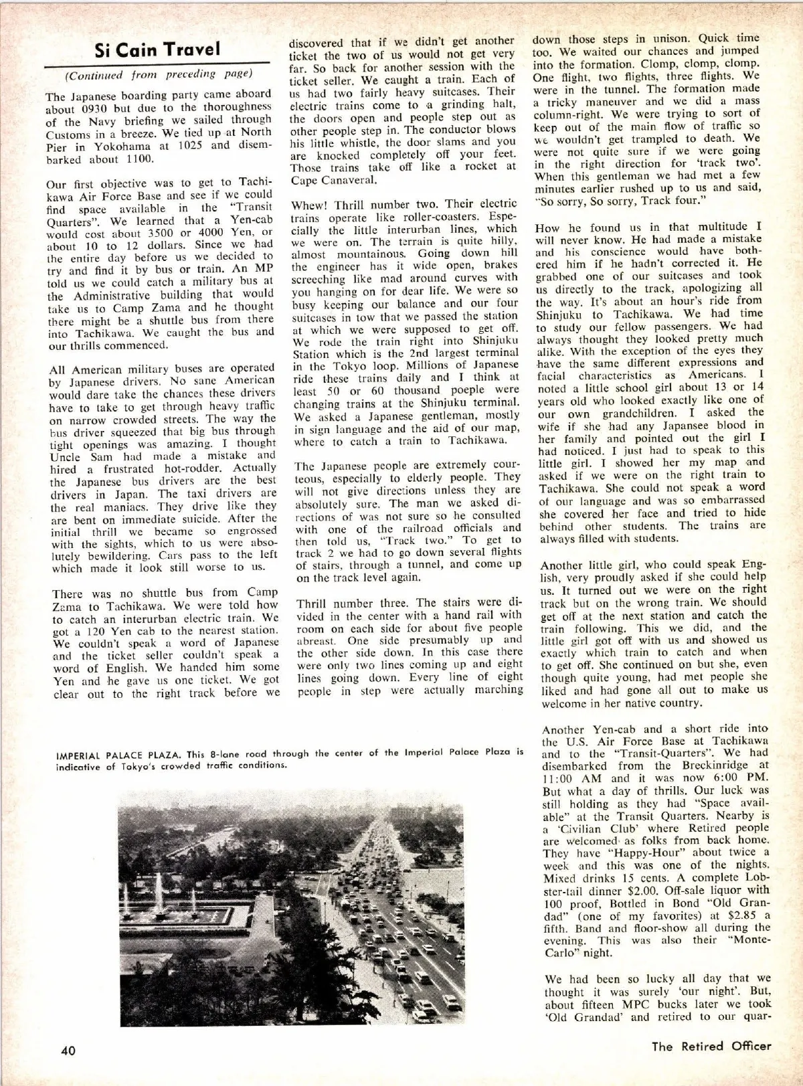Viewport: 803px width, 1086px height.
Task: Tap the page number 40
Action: coord(68,1050)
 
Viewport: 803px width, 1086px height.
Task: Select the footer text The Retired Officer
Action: coord(711,1046)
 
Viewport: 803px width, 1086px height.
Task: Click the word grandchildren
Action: coord(616,413)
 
